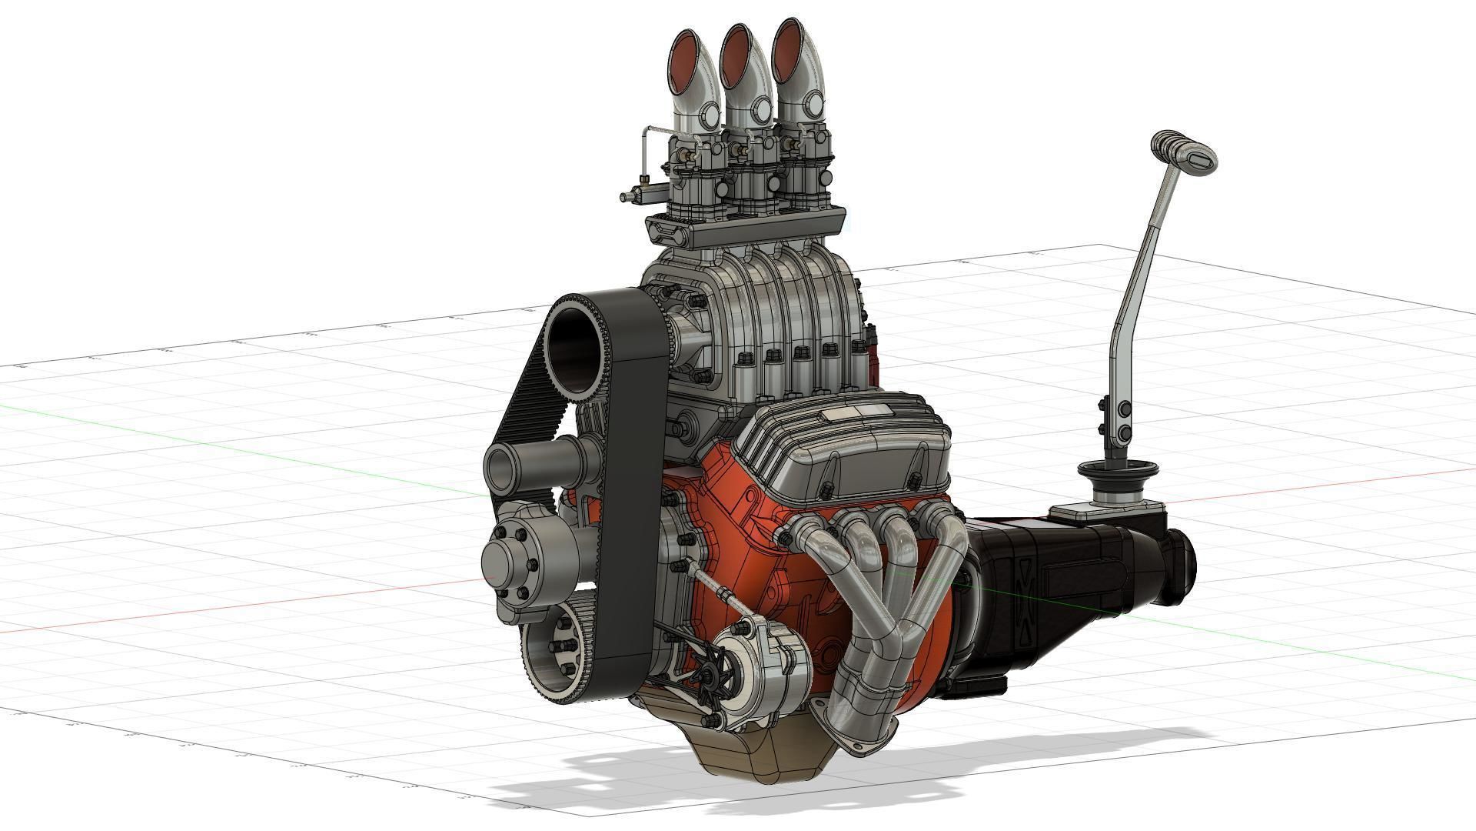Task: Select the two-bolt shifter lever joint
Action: coord(1122,420)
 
